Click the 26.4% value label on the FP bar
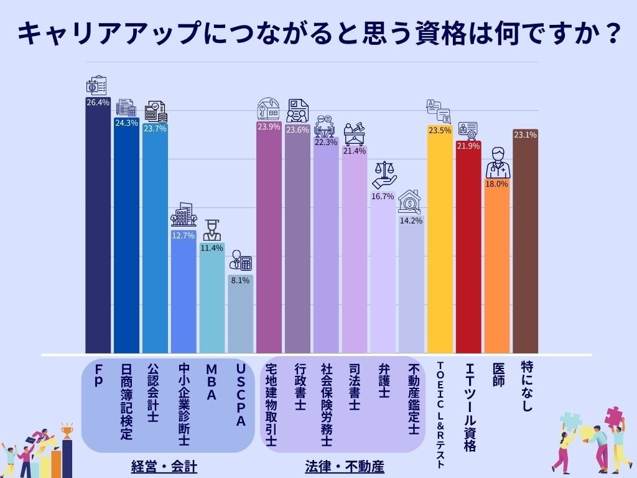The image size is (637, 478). tap(98, 103)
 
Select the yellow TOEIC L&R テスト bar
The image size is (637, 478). tap(440, 243)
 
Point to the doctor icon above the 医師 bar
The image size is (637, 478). tap(497, 163)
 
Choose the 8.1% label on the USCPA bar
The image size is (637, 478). tap(240, 281)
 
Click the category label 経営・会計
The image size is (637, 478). tap(164, 466)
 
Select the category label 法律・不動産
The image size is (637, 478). tap(345, 466)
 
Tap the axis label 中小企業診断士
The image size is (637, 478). tap(184, 405)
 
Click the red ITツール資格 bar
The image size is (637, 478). tap(468, 249)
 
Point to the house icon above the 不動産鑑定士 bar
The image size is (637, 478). tap(411, 202)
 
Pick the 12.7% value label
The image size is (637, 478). tap(184, 236)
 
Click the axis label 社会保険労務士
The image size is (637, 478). tap(326, 405)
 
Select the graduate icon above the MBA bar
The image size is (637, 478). tap(212, 230)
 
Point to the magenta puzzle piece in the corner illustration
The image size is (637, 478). tap(612, 415)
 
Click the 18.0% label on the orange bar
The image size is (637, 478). tap(497, 184)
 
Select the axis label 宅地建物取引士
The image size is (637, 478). tap(269, 405)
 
